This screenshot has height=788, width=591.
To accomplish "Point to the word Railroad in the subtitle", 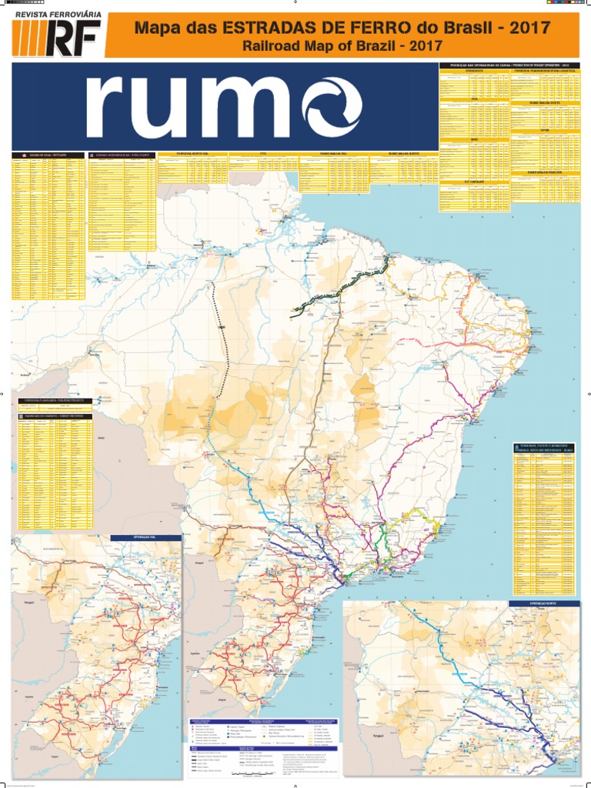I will coord(269,47).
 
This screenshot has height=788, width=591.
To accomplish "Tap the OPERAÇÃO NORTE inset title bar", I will coord(543,603).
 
